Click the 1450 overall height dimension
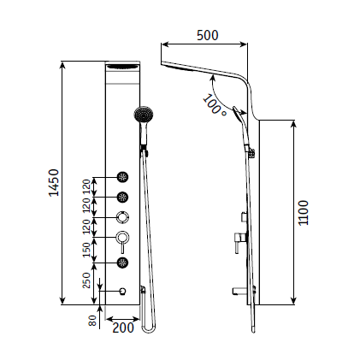pos(53,182)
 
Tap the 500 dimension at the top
pos(207,35)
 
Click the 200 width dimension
pos(123,326)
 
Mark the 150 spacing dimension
pos(86,249)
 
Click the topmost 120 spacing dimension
pos(86,186)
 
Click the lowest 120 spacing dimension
pos(86,227)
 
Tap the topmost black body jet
pos(123,177)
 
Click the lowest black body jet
pos(123,263)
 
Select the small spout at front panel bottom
pos(124,291)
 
